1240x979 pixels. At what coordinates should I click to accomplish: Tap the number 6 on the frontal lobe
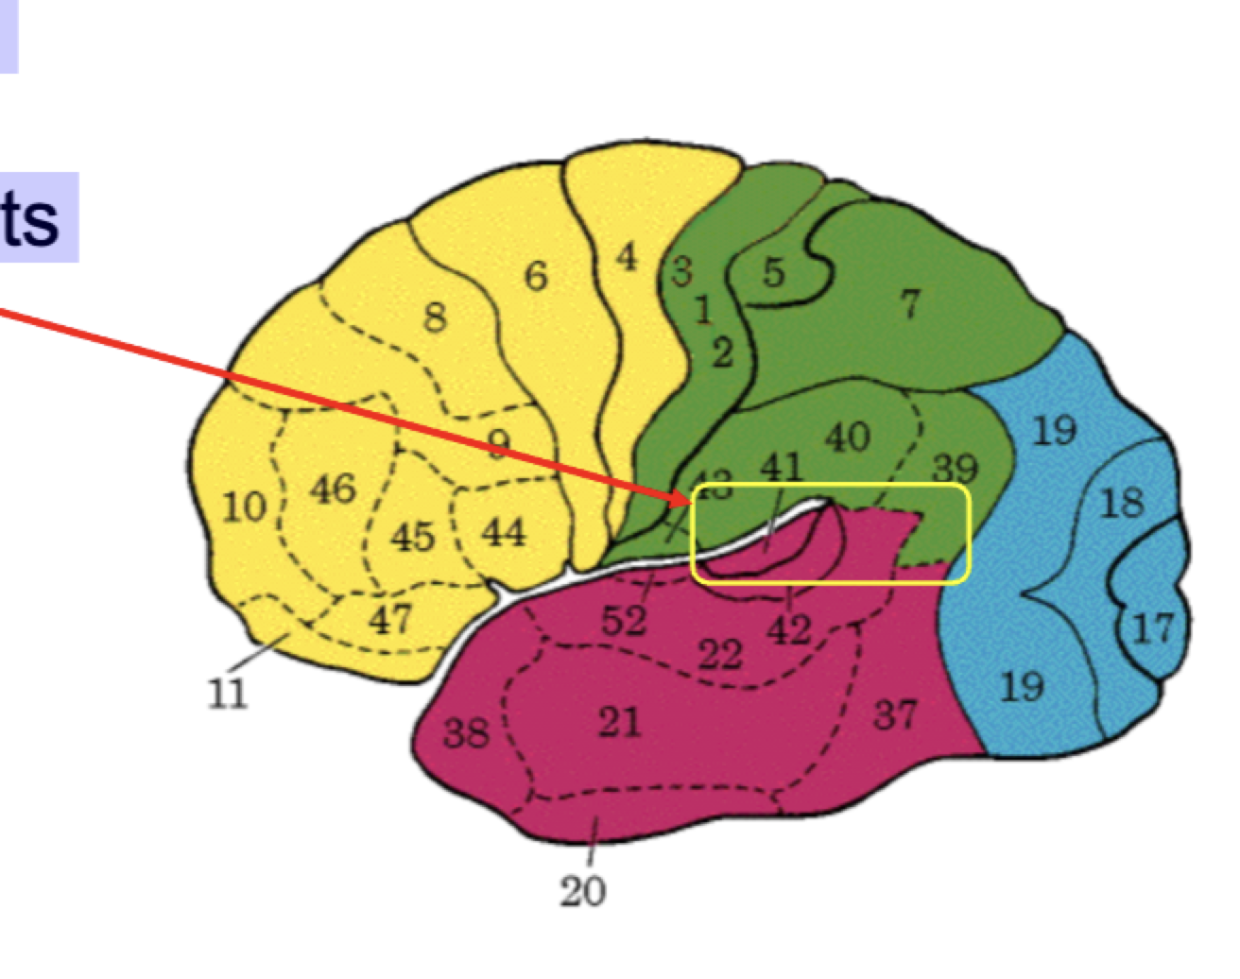click(x=536, y=276)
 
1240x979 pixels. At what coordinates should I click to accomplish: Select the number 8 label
click(x=434, y=318)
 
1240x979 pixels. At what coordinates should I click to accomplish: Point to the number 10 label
click(x=244, y=507)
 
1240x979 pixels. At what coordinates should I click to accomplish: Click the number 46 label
click(x=332, y=489)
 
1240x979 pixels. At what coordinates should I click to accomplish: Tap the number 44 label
click(x=503, y=534)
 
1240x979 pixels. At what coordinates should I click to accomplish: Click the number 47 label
click(x=390, y=619)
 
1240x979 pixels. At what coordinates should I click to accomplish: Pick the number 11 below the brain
click(x=227, y=695)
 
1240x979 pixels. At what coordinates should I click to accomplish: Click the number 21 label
click(x=619, y=724)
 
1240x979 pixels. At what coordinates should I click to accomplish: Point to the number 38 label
click(x=466, y=732)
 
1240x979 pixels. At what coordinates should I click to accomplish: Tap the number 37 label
click(x=893, y=714)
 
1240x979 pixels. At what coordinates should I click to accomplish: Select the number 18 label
click(x=1122, y=504)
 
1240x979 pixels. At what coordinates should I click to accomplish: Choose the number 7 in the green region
click(x=908, y=304)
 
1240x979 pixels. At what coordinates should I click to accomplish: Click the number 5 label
click(x=773, y=272)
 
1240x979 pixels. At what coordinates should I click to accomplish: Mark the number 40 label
click(x=847, y=437)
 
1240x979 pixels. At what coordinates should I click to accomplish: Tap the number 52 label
click(x=624, y=621)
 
